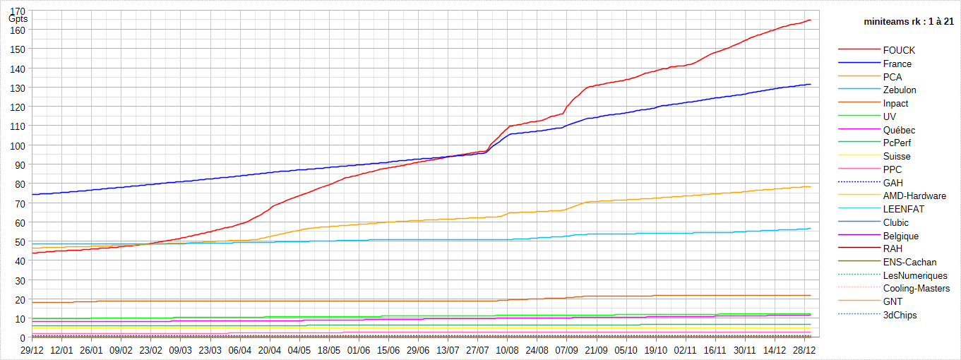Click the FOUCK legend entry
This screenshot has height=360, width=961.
tap(899, 51)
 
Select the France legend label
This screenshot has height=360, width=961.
tap(897, 64)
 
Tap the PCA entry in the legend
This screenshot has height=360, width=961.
tap(892, 77)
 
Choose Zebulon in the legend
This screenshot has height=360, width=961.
tap(900, 90)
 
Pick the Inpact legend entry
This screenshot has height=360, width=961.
tap(895, 104)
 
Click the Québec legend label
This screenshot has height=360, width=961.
tap(899, 130)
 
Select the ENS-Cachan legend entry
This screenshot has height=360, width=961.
tap(909, 263)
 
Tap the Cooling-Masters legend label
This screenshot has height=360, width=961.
tap(917, 289)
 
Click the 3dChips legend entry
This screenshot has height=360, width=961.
tap(900, 316)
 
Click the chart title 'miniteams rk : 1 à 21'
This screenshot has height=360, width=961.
tap(909, 22)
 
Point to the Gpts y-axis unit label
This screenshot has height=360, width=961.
tap(18, 19)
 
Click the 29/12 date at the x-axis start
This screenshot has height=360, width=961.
tap(32, 349)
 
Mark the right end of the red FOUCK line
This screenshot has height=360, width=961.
tap(810, 20)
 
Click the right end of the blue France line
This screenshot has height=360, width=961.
tap(810, 85)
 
